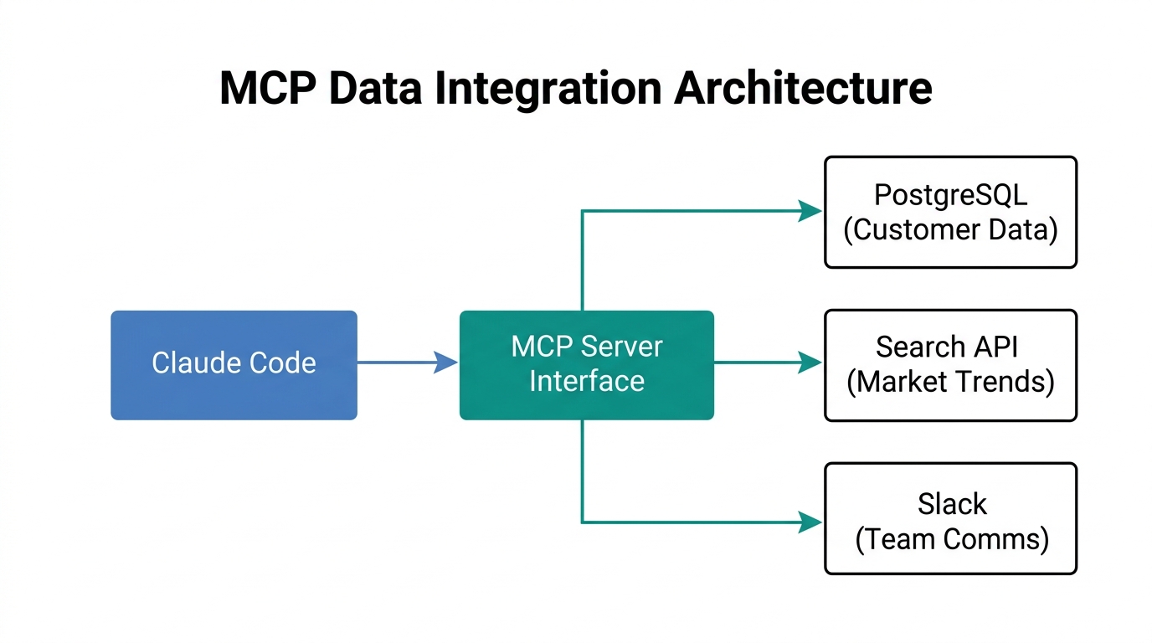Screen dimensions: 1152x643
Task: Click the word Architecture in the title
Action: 803,89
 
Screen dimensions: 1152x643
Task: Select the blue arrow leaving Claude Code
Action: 402,363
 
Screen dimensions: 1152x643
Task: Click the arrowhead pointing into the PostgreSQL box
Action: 809,211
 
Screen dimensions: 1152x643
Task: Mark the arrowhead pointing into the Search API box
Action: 809,363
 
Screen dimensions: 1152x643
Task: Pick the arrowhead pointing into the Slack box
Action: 809,522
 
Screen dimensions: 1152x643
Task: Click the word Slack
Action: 952,504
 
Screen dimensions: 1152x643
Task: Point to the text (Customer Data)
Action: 950,229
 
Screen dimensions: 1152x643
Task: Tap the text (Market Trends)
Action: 950,382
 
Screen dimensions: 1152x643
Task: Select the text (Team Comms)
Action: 952,538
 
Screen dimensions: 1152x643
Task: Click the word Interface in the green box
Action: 587,381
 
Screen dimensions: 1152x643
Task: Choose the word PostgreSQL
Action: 950,195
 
